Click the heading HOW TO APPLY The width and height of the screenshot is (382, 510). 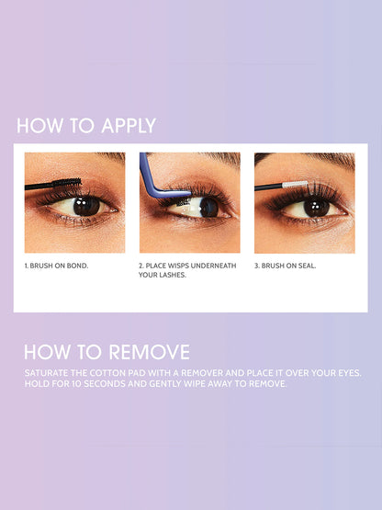click(86, 126)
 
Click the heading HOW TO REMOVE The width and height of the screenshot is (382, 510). click(107, 352)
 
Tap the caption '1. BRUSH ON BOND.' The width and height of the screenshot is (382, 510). click(56, 266)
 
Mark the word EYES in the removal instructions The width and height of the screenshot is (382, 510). click(343, 372)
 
